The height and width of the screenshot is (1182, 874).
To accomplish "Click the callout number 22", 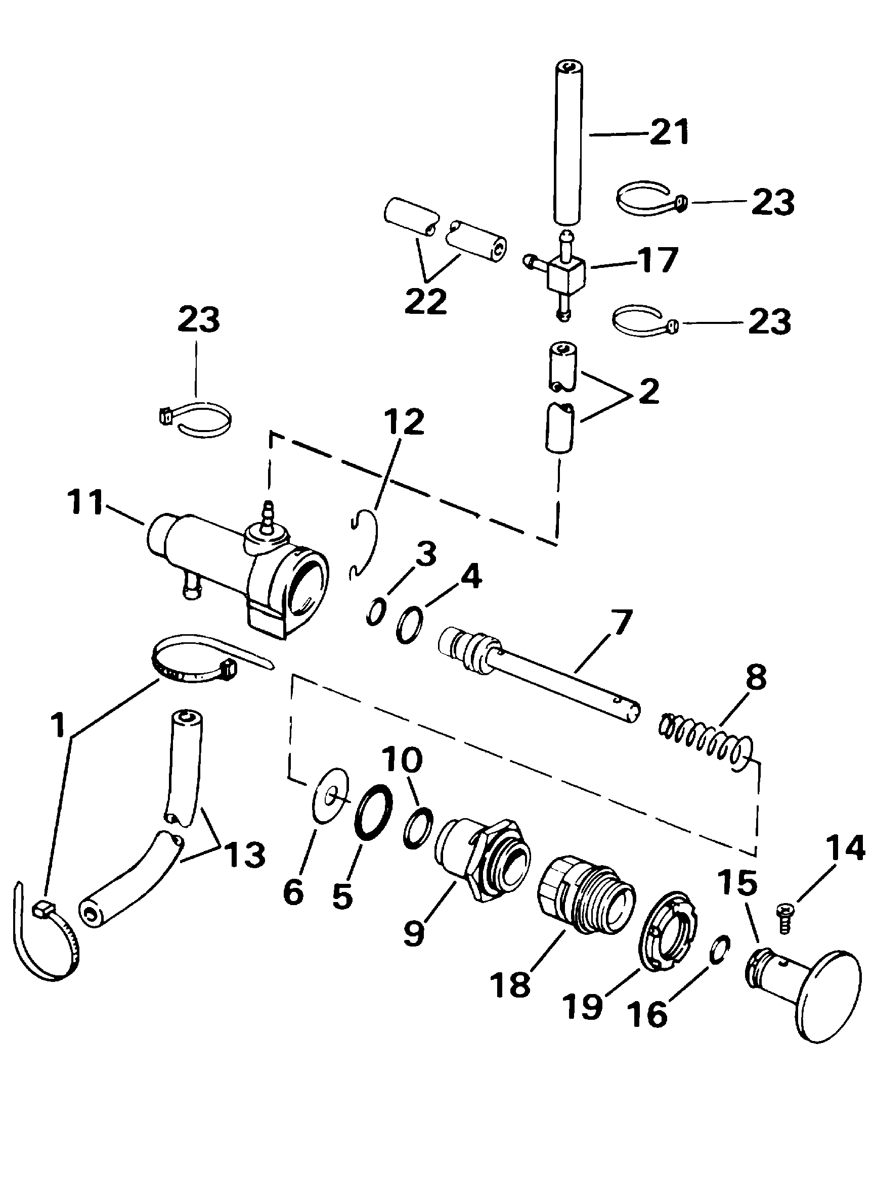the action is tap(426, 302).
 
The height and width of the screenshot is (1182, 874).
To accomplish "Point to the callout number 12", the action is tap(404, 421).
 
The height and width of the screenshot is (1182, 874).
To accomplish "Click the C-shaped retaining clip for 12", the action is tap(365, 545).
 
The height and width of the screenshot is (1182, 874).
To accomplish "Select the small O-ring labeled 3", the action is tap(375, 612).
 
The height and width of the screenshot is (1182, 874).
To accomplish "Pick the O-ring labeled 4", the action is tap(410, 626).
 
